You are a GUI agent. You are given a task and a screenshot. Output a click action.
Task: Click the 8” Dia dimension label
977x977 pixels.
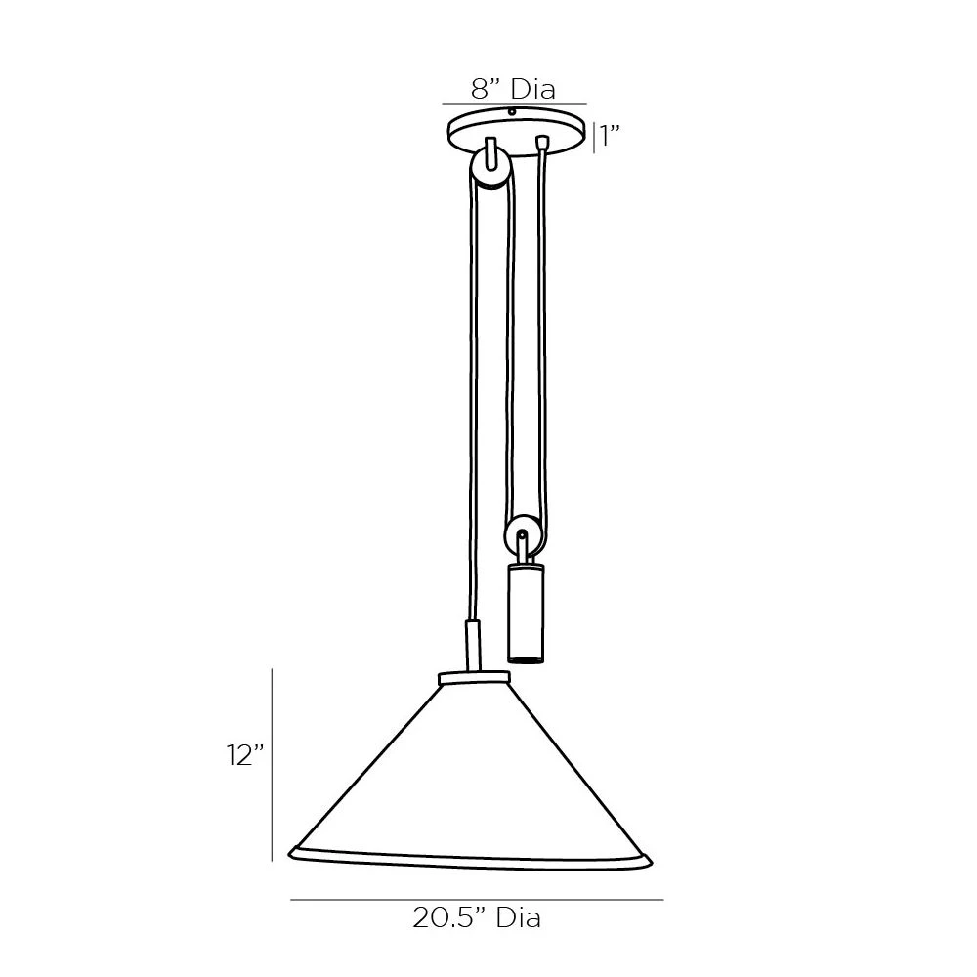tap(513, 89)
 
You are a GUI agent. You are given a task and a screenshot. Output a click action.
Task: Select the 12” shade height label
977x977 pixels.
tap(245, 755)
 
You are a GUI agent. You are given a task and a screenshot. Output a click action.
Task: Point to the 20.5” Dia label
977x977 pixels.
tap(477, 917)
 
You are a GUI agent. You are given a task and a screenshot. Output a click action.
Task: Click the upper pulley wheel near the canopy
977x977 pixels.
tap(490, 168)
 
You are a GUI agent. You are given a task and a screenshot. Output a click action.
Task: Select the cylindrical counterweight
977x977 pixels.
tap(526, 612)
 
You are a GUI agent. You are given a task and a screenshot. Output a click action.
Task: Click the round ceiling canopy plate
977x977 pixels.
tap(517, 133)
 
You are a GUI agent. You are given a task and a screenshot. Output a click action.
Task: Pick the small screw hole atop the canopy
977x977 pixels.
tap(512, 112)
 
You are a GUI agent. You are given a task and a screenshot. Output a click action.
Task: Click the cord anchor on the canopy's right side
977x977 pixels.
tap(542, 142)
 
